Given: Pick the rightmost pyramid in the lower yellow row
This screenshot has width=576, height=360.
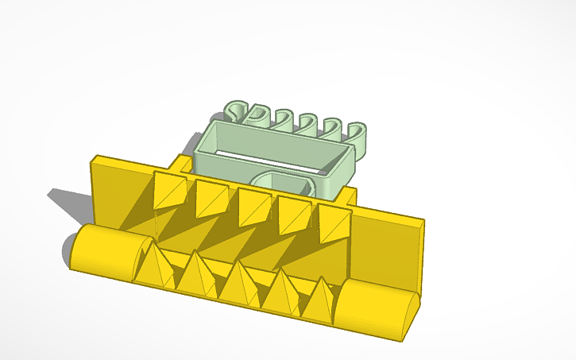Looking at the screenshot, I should tap(320, 300).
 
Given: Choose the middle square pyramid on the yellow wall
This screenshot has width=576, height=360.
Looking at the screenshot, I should tap(254, 207).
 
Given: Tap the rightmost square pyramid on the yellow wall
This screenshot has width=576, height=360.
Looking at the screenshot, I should tap(334, 223).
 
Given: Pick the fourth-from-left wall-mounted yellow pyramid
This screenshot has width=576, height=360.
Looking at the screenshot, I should tap(295, 215).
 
